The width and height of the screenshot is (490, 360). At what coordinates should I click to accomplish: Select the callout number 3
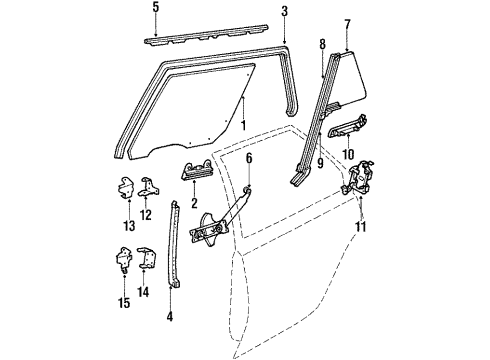coord(284,12)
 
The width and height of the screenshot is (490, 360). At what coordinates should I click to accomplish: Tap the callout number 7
coord(346,22)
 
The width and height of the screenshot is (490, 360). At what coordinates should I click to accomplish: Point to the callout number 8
coord(322,45)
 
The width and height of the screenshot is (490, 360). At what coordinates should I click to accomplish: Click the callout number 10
coord(347,152)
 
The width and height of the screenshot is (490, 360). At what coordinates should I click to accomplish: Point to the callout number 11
coord(361,227)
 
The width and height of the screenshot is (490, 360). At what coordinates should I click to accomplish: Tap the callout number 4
coord(169,319)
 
